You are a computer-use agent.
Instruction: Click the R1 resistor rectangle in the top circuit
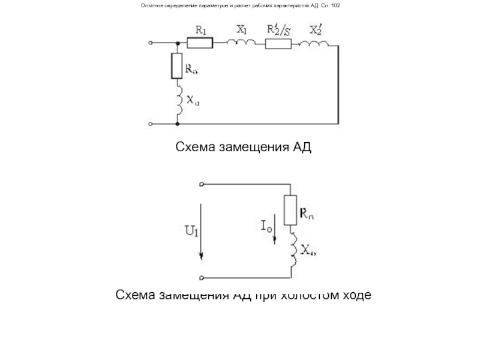click(200, 43)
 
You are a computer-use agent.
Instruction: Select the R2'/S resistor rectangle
click(280, 43)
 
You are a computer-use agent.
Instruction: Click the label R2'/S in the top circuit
click(279, 29)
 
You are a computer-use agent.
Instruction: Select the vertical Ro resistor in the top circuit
click(177, 66)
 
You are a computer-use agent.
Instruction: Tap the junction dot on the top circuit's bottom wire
click(178, 124)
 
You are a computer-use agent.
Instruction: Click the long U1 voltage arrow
click(200, 231)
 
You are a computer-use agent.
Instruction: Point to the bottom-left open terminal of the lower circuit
click(202, 278)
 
